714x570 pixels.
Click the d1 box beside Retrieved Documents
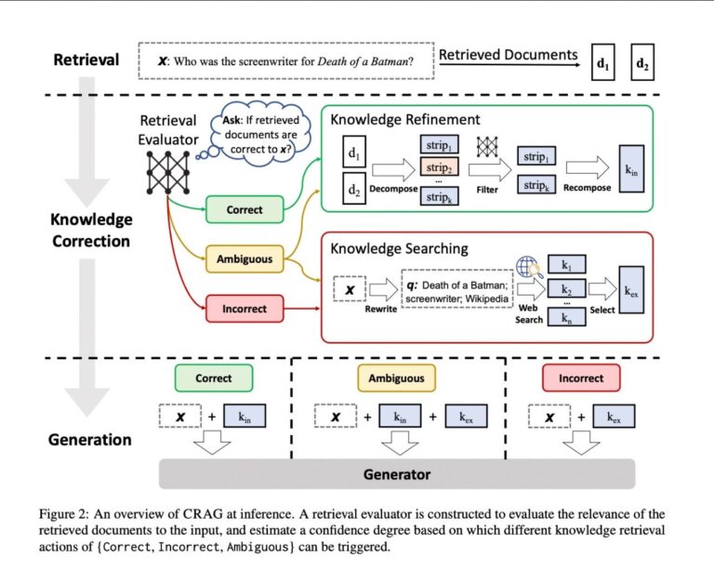coord(602,62)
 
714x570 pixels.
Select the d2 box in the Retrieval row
coord(642,62)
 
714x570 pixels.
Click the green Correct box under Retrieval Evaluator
coord(245,209)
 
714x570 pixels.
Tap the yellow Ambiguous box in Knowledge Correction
coord(245,259)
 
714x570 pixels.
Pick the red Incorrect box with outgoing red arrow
coord(245,309)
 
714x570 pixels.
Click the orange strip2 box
coord(439,167)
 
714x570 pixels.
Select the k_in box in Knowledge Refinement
coord(631,169)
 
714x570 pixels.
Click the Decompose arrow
coord(393,170)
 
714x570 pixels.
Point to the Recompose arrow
coord(588,167)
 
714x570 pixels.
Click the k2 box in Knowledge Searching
coord(566,289)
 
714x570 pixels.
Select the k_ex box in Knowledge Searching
coord(631,290)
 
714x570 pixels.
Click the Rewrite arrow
coord(383,289)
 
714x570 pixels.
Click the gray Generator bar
coord(397,474)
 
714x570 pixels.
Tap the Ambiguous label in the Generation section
coord(396,378)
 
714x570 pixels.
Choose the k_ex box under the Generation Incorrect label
coord(614,417)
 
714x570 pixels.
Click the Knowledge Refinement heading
coord(404,120)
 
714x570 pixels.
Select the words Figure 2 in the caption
coord(63,514)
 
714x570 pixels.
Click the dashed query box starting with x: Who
coord(286,61)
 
